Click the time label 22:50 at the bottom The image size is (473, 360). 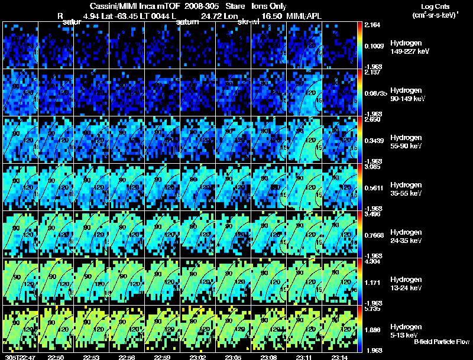56,357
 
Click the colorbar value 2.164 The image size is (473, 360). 373,25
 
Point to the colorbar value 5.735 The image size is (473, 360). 373,309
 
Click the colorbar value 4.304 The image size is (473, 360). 373,261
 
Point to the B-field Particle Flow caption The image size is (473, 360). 440,342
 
